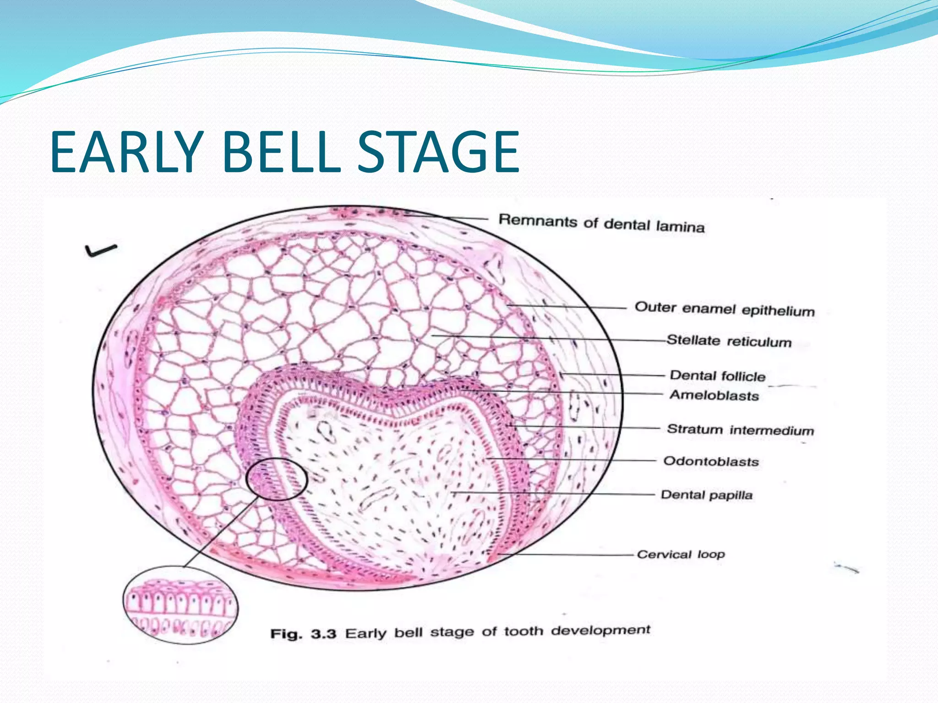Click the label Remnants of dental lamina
click(x=601, y=223)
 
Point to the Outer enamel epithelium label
click(x=725, y=309)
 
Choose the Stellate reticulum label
click(x=729, y=341)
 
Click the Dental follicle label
click(x=717, y=376)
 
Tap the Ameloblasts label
click(x=714, y=395)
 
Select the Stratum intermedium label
click(x=740, y=430)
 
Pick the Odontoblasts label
click(x=711, y=461)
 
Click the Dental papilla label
click(x=706, y=495)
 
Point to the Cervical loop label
click(x=681, y=554)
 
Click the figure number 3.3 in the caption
click(x=323, y=634)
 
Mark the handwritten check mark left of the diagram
click(x=100, y=250)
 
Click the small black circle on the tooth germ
click(x=276, y=479)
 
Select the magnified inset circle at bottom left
click(x=180, y=605)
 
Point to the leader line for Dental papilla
click(x=554, y=493)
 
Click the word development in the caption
click(x=600, y=630)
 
